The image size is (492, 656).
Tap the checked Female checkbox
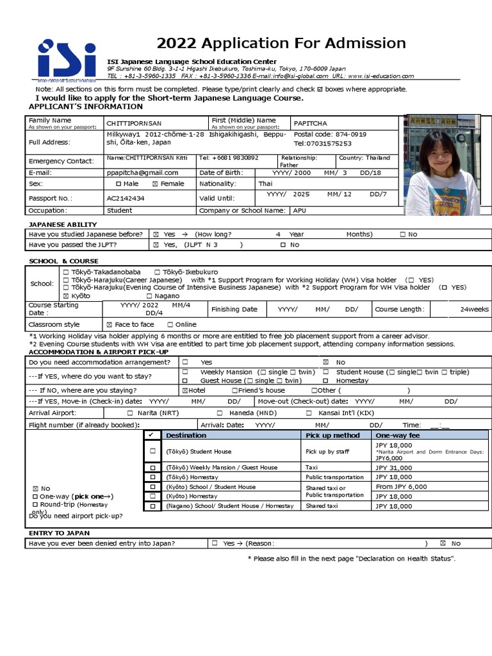(155, 184)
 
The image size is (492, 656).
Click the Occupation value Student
(120, 210)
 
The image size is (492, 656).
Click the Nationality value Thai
(265, 184)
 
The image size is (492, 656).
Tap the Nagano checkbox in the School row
(149, 296)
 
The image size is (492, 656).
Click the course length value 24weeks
(474, 309)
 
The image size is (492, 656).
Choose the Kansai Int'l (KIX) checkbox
(309, 413)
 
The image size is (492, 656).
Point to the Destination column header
(186, 436)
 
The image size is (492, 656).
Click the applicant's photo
(443, 165)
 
